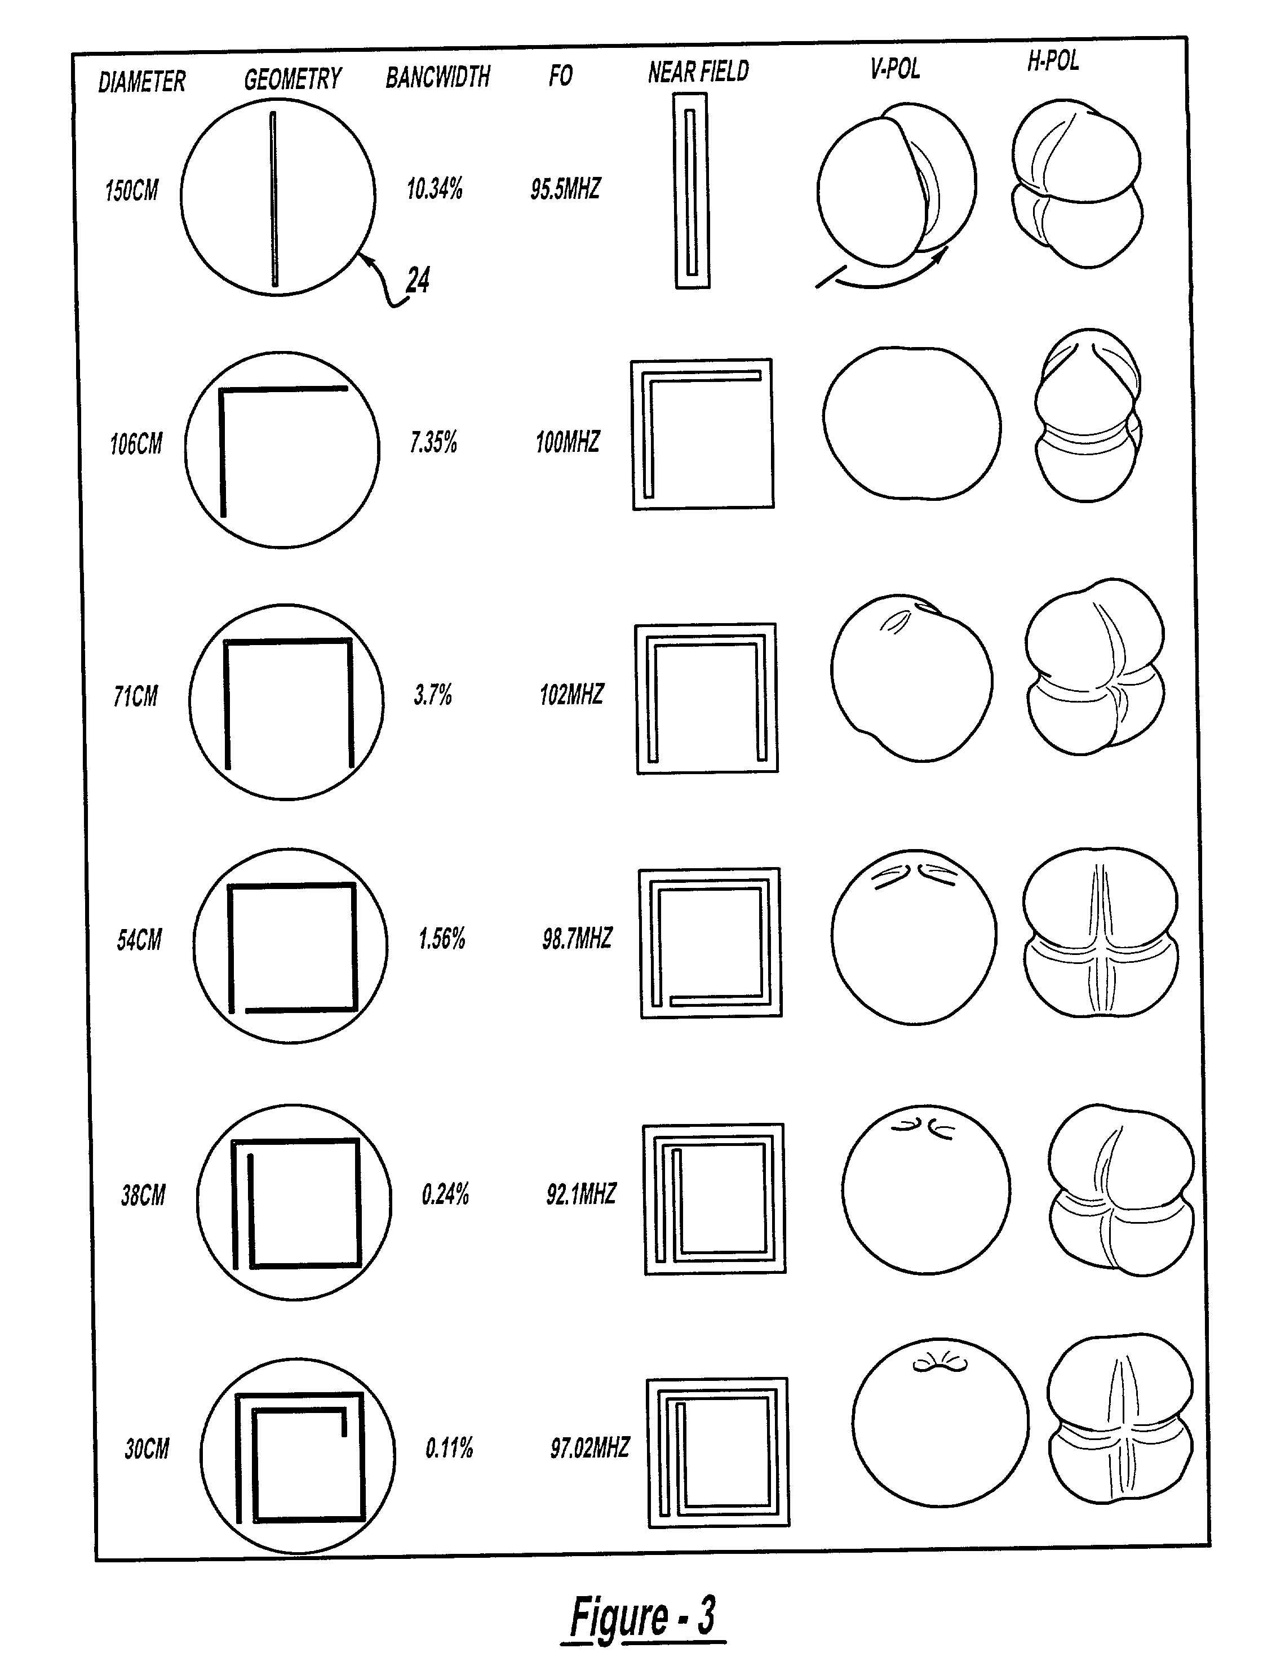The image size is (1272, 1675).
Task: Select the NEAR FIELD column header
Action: tap(698, 72)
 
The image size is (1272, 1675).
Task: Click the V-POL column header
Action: tap(895, 69)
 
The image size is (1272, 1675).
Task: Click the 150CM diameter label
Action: tap(132, 190)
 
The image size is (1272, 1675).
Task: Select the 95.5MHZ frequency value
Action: tap(565, 189)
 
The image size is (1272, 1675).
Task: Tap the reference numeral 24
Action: tap(418, 280)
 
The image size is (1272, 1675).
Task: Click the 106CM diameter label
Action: tap(136, 444)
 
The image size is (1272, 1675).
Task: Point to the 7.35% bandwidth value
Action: tap(433, 442)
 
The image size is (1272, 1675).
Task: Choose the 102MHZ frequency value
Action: tap(571, 694)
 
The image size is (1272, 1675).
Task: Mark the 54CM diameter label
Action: tap(139, 940)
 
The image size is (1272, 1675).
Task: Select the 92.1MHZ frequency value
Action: tap(581, 1194)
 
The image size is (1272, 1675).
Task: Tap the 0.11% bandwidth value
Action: tap(449, 1448)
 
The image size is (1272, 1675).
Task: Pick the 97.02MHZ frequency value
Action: tap(590, 1448)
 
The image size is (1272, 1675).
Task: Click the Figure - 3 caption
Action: tap(642, 1616)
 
